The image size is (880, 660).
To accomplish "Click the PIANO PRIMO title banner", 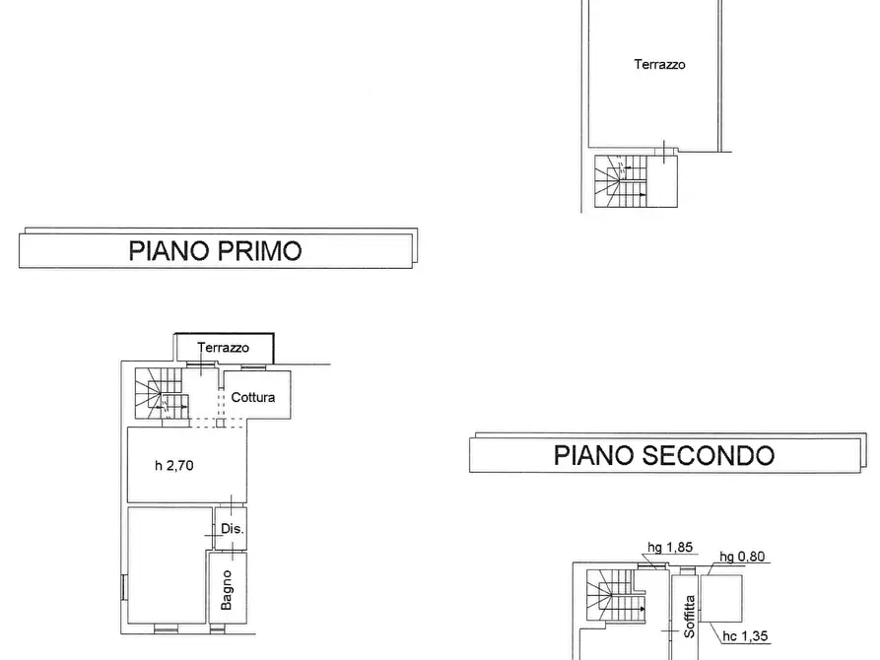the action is tap(218, 248).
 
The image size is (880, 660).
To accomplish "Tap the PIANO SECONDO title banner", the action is tap(667, 453).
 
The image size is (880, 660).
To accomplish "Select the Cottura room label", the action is tap(253, 397).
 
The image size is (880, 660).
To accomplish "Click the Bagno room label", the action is tap(227, 590).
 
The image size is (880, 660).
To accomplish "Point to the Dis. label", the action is tap(233, 529).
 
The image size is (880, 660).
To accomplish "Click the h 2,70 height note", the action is tap(174, 465).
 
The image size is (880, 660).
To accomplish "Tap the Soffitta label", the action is tap(689, 617).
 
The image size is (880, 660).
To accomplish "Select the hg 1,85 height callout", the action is tap(670, 547).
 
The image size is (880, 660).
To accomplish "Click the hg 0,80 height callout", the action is tap(742, 557).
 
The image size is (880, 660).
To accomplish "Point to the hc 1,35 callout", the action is tap(745, 636).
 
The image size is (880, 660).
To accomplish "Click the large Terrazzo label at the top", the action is tap(659, 65).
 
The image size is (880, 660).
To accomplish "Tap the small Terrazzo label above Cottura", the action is tap(224, 348).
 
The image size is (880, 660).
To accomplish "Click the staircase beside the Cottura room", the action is tap(161, 393).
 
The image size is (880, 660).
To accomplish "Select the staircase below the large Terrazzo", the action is tap(621, 181).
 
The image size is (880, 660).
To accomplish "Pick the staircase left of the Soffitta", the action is tap(616, 595).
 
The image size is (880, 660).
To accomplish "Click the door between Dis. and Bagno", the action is tap(233, 551).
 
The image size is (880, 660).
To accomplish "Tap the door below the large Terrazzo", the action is tap(664, 152).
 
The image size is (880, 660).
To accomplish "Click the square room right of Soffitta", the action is tap(721, 598).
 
